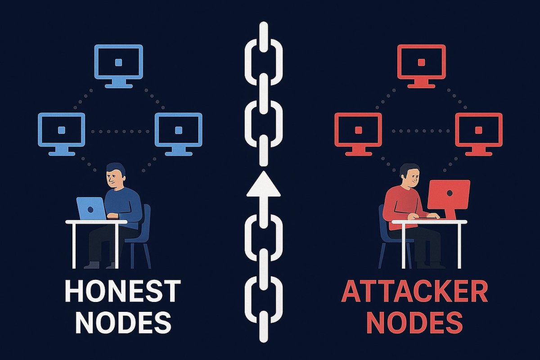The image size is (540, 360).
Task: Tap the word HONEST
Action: (x=122, y=291)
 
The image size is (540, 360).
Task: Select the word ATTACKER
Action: (x=414, y=291)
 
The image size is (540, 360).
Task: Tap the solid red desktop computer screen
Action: (x=449, y=193)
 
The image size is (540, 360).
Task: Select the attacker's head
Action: (x=409, y=175)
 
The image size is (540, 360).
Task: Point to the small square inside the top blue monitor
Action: (x=118, y=62)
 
